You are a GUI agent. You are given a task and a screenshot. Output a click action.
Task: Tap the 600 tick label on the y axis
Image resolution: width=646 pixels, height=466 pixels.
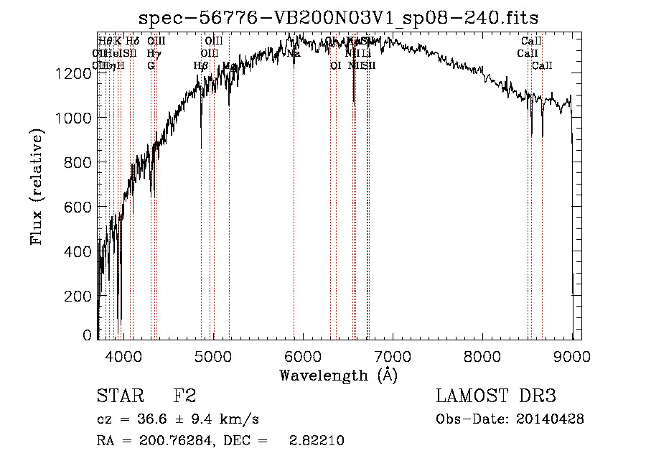[75, 207]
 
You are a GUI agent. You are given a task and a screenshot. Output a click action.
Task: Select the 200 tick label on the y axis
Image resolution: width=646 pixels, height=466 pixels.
[75, 296]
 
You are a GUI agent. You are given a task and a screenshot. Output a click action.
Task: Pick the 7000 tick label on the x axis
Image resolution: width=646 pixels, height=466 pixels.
[393, 355]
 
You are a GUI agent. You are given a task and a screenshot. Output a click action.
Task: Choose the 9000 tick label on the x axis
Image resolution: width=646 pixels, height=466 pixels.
[572, 355]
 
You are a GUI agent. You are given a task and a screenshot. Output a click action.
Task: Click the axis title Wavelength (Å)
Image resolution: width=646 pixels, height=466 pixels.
[339, 375]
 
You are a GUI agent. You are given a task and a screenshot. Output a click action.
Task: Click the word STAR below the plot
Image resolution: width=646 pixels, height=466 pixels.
[121, 396]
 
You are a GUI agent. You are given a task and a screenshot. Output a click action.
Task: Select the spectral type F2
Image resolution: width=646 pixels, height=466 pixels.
[184, 396]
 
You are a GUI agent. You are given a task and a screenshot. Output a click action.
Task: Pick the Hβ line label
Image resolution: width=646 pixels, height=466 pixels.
[201, 65]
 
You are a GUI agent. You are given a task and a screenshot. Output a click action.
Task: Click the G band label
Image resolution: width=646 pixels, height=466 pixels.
[151, 65]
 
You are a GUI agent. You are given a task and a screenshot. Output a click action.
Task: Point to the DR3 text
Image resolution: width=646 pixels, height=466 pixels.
[536, 396]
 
